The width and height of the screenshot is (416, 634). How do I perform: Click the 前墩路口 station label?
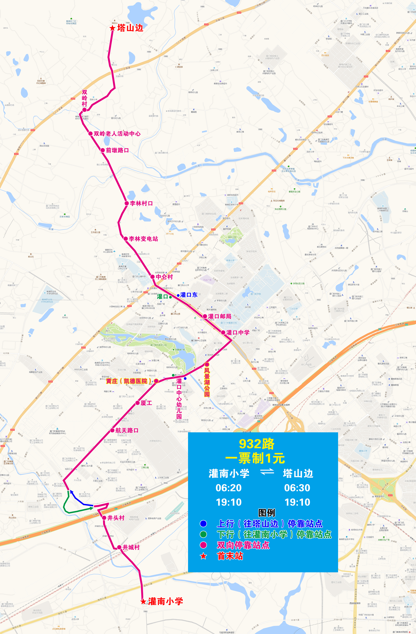117,150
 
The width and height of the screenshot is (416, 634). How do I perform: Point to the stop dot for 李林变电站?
126,239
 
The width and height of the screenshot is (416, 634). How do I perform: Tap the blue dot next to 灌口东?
178,295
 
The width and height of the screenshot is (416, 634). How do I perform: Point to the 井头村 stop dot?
104,518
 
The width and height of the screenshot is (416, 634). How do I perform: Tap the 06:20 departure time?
229,488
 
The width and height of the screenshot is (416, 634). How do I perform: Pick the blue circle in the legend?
203,524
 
